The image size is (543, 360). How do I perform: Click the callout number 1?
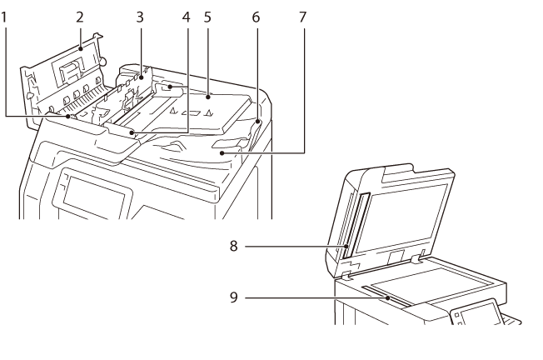click(3, 17)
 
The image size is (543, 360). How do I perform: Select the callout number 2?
click(80, 17)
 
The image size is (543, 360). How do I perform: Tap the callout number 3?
click(140, 17)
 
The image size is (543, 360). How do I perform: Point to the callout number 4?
click(187, 17)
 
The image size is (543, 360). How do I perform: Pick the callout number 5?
click(207, 17)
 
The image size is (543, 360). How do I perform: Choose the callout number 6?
click(256, 17)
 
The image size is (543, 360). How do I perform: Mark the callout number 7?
click(302, 17)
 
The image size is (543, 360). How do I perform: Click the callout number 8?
click(234, 246)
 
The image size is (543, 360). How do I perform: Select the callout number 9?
click(234, 297)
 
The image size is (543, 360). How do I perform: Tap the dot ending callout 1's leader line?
click(68, 117)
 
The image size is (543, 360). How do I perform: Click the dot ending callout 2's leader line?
click(80, 49)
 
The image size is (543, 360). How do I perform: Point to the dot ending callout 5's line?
click(208, 97)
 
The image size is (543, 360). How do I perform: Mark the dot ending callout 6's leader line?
click(257, 122)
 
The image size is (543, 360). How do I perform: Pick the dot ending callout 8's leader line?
click(346, 246)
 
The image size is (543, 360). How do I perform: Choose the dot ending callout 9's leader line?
click(388, 297)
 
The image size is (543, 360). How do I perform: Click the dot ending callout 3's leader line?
click(142, 78)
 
